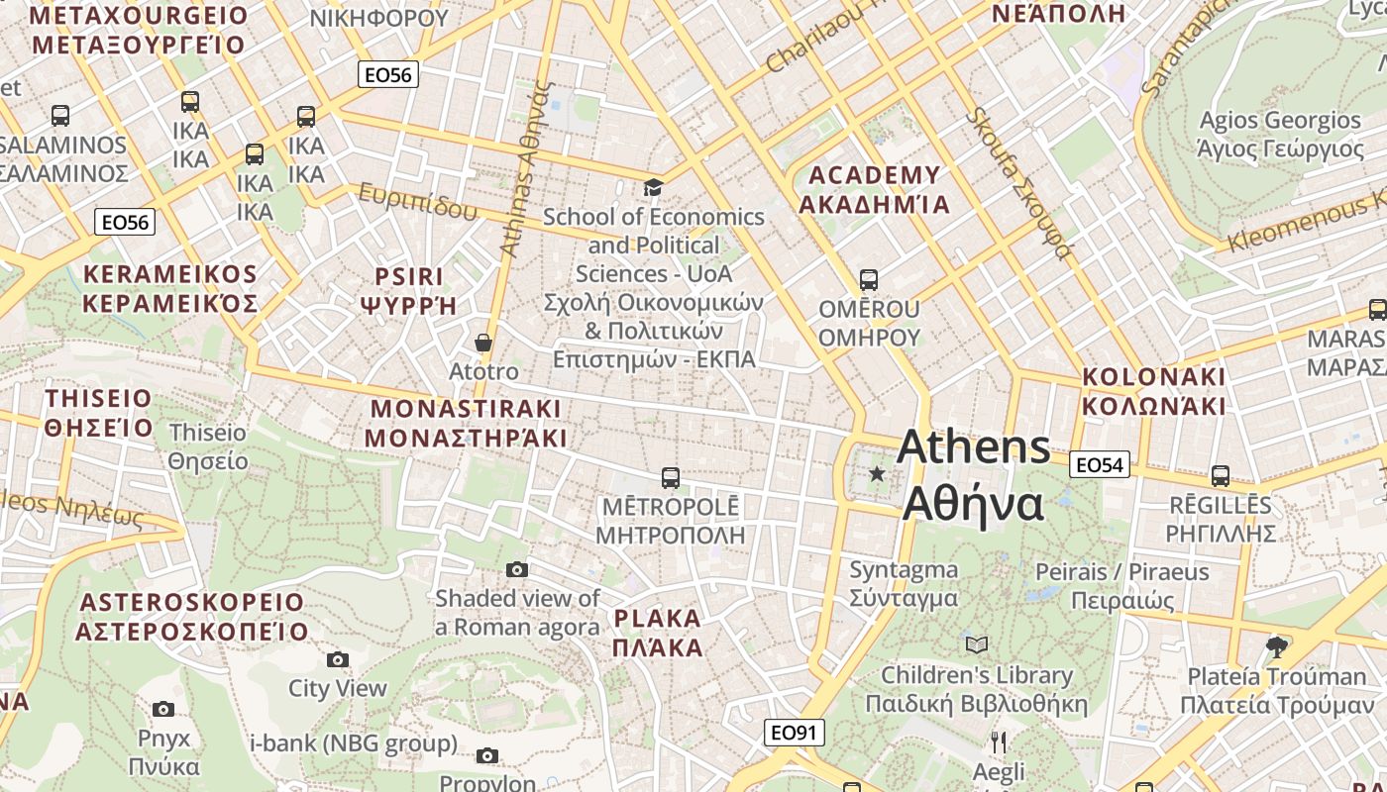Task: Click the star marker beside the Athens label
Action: click(877, 474)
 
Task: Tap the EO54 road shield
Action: click(1100, 464)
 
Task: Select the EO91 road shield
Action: click(795, 733)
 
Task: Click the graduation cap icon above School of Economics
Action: click(653, 187)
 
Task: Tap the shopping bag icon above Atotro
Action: click(483, 344)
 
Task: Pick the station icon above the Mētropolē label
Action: click(671, 478)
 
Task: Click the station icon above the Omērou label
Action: click(869, 280)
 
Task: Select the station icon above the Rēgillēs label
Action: click(1221, 476)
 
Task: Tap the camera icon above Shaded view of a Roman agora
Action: click(517, 569)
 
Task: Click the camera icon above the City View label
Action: click(338, 659)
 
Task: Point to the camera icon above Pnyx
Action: click(163, 709)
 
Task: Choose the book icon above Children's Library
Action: click(977, 645)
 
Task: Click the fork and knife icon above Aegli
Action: click(999, 742)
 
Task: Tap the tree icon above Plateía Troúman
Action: click(1277, 647)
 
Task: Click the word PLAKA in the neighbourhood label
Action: click(657, 620)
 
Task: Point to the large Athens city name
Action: click(973, 447)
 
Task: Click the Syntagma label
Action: click(904, 570)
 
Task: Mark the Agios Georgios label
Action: click(1280, 121)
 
